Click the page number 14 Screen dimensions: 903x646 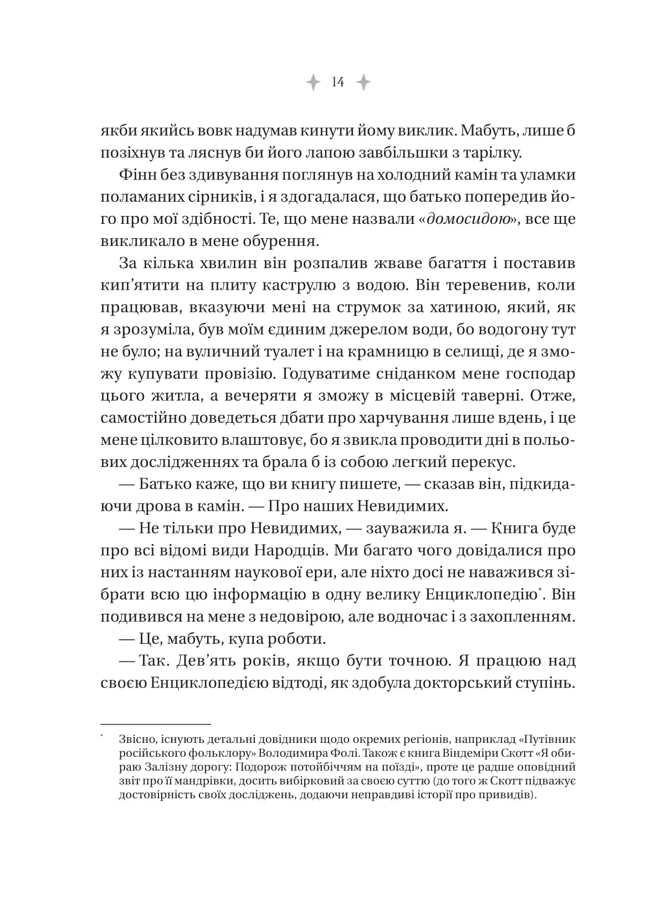(338, 83)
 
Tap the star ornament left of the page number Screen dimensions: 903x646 (313, 83)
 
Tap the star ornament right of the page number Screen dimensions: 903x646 (363, 83)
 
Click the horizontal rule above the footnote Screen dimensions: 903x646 (156, 724)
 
